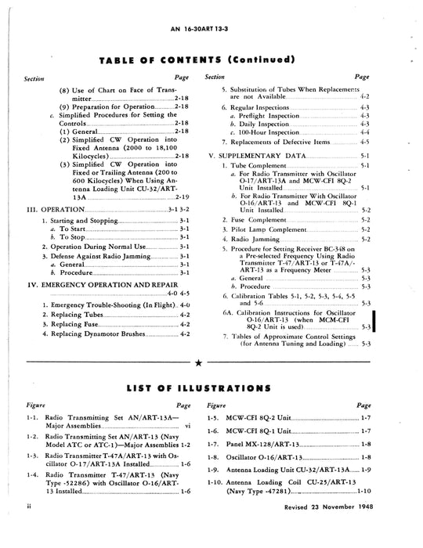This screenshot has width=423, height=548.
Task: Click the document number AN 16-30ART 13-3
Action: [x=211, y=26]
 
